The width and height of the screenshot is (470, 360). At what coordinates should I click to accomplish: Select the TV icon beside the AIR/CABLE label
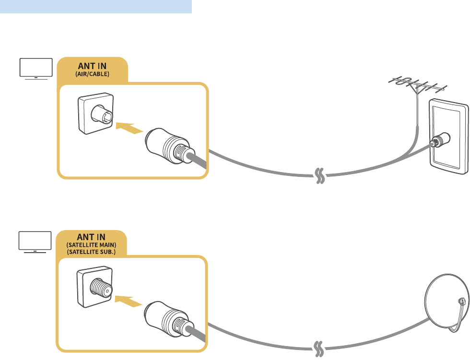[x=35, y=68]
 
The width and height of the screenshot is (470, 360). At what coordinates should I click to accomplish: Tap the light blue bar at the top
[x=96, y=7]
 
